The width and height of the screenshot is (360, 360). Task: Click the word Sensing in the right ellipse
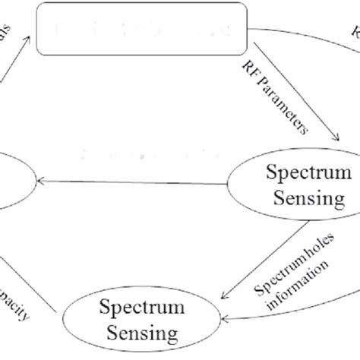[x=296, y=200]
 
